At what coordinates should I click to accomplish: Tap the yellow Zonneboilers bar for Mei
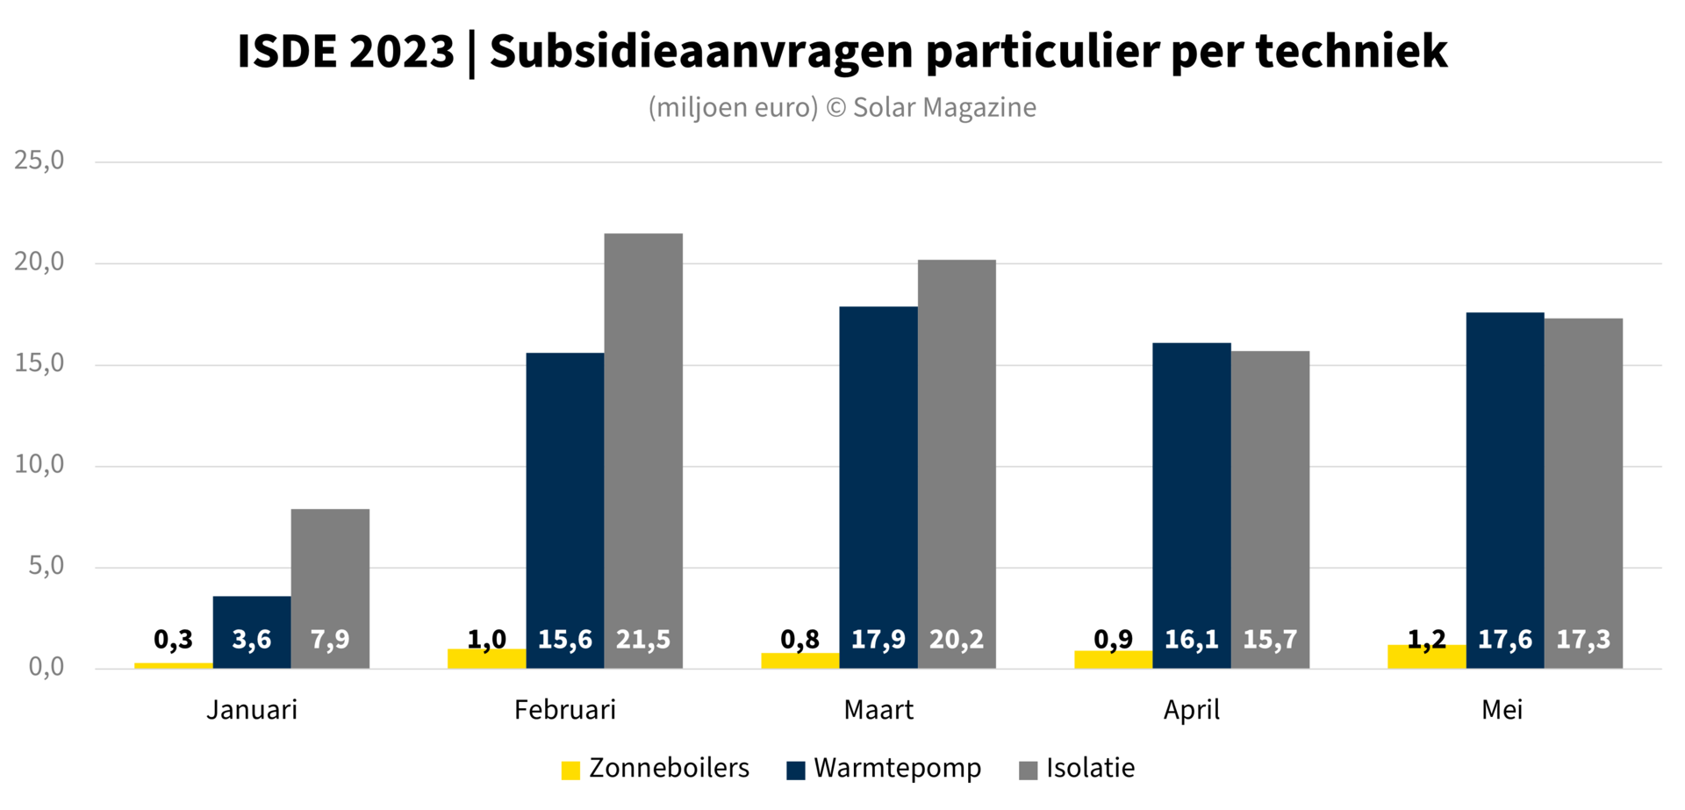tap(1426, 658)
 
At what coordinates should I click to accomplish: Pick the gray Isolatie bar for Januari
tap(330, 570)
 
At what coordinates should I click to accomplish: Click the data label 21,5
tap(643, 640)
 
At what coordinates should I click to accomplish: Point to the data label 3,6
tap(252, 640)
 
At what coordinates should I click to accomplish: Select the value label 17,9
tap(878, 640)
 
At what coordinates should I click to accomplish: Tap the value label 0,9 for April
tap(1113, 640)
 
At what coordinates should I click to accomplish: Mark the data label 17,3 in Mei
tap(1583, 640)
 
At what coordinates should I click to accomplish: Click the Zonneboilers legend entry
tap(656, 769)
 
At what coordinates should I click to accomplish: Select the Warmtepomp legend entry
tap(884, 769)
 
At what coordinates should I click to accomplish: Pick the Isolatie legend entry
tap(1077, 769)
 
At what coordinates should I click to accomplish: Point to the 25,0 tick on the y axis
tap(39, 161)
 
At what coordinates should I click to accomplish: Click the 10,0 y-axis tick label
tap(39, 465)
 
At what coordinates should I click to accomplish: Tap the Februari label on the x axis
tap(565, 710)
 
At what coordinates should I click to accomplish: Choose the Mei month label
tap(1502, 710)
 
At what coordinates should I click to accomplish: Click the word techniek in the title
tap(1352, 52)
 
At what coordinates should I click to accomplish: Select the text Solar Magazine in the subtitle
tap(944, 108)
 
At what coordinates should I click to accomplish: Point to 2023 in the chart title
tap(401, 52)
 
